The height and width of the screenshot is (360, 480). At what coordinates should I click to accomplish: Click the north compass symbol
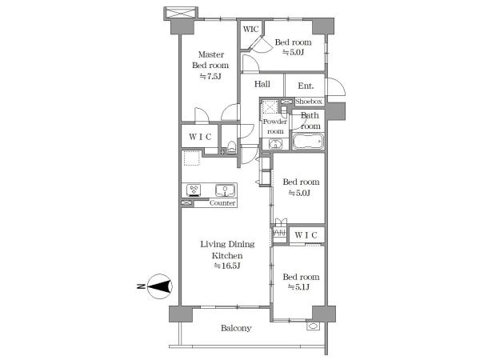click(x=160, y=286)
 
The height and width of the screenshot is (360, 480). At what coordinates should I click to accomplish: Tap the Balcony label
click(x=236, y=328)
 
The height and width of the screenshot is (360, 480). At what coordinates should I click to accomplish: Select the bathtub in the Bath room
click(x=308, y=142)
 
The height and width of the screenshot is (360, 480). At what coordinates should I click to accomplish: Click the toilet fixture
click(x=231, y=147)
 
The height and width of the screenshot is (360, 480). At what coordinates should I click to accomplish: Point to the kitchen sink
click(x=226, y=190)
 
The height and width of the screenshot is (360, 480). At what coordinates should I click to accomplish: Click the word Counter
click(x=222, y=203)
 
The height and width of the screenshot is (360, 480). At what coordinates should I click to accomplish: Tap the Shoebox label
click(x=309, y=102)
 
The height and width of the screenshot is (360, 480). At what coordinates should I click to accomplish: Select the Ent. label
click(x=306, y=86)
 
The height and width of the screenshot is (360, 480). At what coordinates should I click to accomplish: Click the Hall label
click(x=262, y=84)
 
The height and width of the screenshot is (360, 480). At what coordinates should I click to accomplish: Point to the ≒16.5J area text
click(x=227, y=266)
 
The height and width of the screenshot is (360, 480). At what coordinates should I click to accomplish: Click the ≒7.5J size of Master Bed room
click(x=210, y=76)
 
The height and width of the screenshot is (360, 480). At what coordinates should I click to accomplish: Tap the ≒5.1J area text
click(x=298, y=287)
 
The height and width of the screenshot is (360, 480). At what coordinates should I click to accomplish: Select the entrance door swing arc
click(x=341, y=83)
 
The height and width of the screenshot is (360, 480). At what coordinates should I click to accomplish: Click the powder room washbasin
click(x=276, y=143)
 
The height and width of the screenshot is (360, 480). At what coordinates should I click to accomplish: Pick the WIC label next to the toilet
click(x=200, y=137)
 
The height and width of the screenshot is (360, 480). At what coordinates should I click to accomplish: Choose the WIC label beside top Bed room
click(x=250, y=30)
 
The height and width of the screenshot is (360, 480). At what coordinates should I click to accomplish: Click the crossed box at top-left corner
click(x=181, y=13)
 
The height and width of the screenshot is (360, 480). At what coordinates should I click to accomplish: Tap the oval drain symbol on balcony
click(x=313, y=326)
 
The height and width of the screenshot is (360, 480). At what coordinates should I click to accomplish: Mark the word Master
click(x=211, y=54)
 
